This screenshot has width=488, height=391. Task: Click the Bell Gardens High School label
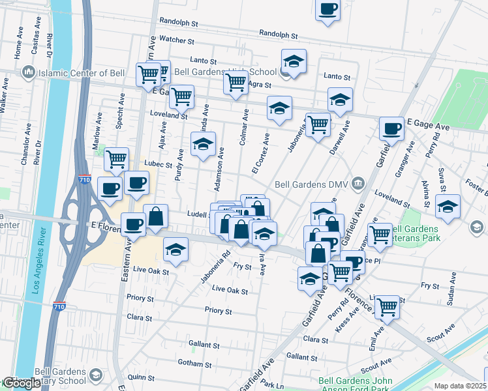click(x=225, y=72)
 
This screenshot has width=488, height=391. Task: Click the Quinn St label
click(x=141, y=377)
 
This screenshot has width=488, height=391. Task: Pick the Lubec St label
click(x=159, y=165)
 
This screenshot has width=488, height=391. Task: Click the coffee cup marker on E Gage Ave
click(x=391, y=129)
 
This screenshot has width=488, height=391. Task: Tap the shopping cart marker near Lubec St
click(x=116, y=159)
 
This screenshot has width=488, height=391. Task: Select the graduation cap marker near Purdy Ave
click(x=202, y=144)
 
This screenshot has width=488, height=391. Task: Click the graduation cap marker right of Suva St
click(x=448, y=207)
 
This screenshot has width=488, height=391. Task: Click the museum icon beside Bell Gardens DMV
click(x=358, y=184)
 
